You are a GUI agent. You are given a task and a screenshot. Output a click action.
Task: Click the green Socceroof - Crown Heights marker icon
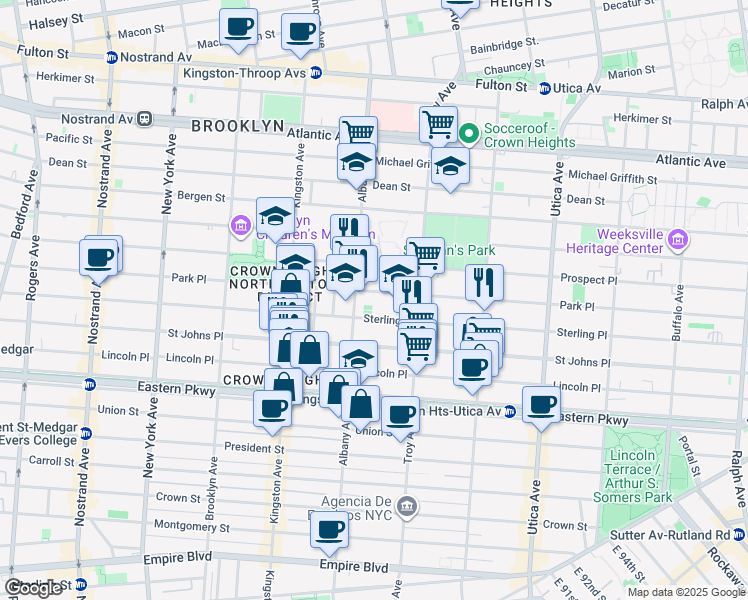470,132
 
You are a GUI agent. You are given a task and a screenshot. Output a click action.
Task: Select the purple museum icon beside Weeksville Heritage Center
677,239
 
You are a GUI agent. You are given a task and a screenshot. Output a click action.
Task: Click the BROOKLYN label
238,126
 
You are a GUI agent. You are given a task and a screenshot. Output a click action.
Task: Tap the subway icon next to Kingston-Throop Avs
316,73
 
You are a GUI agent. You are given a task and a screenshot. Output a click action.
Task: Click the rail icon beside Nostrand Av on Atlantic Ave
145,118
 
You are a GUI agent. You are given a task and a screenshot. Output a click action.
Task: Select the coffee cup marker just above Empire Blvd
328,533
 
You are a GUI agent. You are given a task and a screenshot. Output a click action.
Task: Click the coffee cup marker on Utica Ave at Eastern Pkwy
541,405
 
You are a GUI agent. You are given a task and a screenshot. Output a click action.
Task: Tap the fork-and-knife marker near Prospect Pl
484,284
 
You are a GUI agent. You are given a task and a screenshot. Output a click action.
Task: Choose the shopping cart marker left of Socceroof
438,125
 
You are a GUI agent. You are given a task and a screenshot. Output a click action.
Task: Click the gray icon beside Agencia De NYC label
405,506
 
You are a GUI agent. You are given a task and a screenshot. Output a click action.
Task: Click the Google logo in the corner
34,588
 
